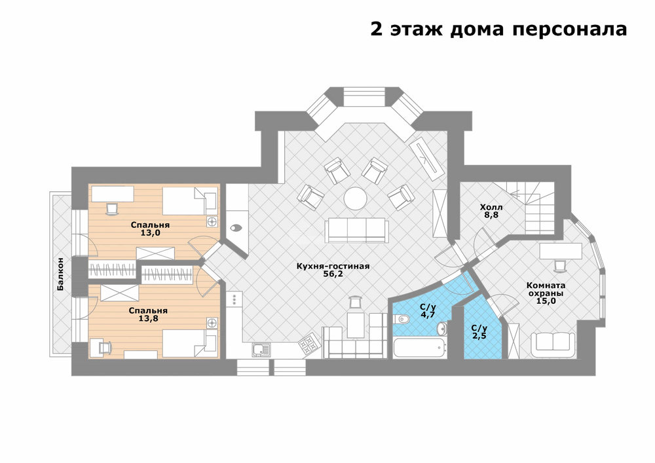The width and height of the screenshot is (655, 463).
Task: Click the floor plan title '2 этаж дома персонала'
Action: click(498, 29)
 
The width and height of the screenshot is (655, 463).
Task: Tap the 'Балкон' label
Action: click(61, 274)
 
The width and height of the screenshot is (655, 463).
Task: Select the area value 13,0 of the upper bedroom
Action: click(151, 233)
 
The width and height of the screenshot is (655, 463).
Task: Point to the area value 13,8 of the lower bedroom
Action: click(148, 318)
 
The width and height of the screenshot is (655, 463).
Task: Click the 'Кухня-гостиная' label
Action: click(333, 266)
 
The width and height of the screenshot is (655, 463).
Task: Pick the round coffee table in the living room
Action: click(356, 198)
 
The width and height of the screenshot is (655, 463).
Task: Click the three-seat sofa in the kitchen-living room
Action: click(357, 229)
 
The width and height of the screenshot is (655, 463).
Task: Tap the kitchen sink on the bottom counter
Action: click(261, 350)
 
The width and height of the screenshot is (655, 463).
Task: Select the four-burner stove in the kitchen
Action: click(310, 343)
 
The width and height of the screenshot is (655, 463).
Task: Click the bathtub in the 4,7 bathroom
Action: click(419, 347)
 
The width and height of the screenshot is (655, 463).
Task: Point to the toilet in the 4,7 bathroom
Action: click(402, 320)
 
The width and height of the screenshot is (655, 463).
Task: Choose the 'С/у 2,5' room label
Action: click(479, 331)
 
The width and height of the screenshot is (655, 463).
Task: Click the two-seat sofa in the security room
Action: click(553, 341)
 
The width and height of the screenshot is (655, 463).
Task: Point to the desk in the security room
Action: click(561, 251)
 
